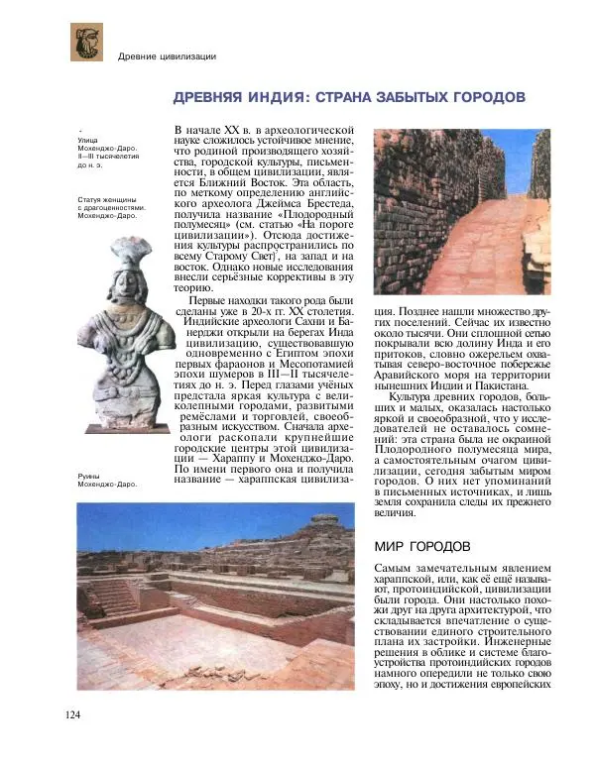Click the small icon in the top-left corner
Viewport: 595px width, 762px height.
[x=86, y=42]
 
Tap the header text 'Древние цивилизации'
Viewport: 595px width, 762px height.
[x=167, y=55]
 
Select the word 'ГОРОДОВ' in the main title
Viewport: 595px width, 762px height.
[x=482, y=99]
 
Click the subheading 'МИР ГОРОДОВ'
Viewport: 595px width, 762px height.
[x=424, y=547]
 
